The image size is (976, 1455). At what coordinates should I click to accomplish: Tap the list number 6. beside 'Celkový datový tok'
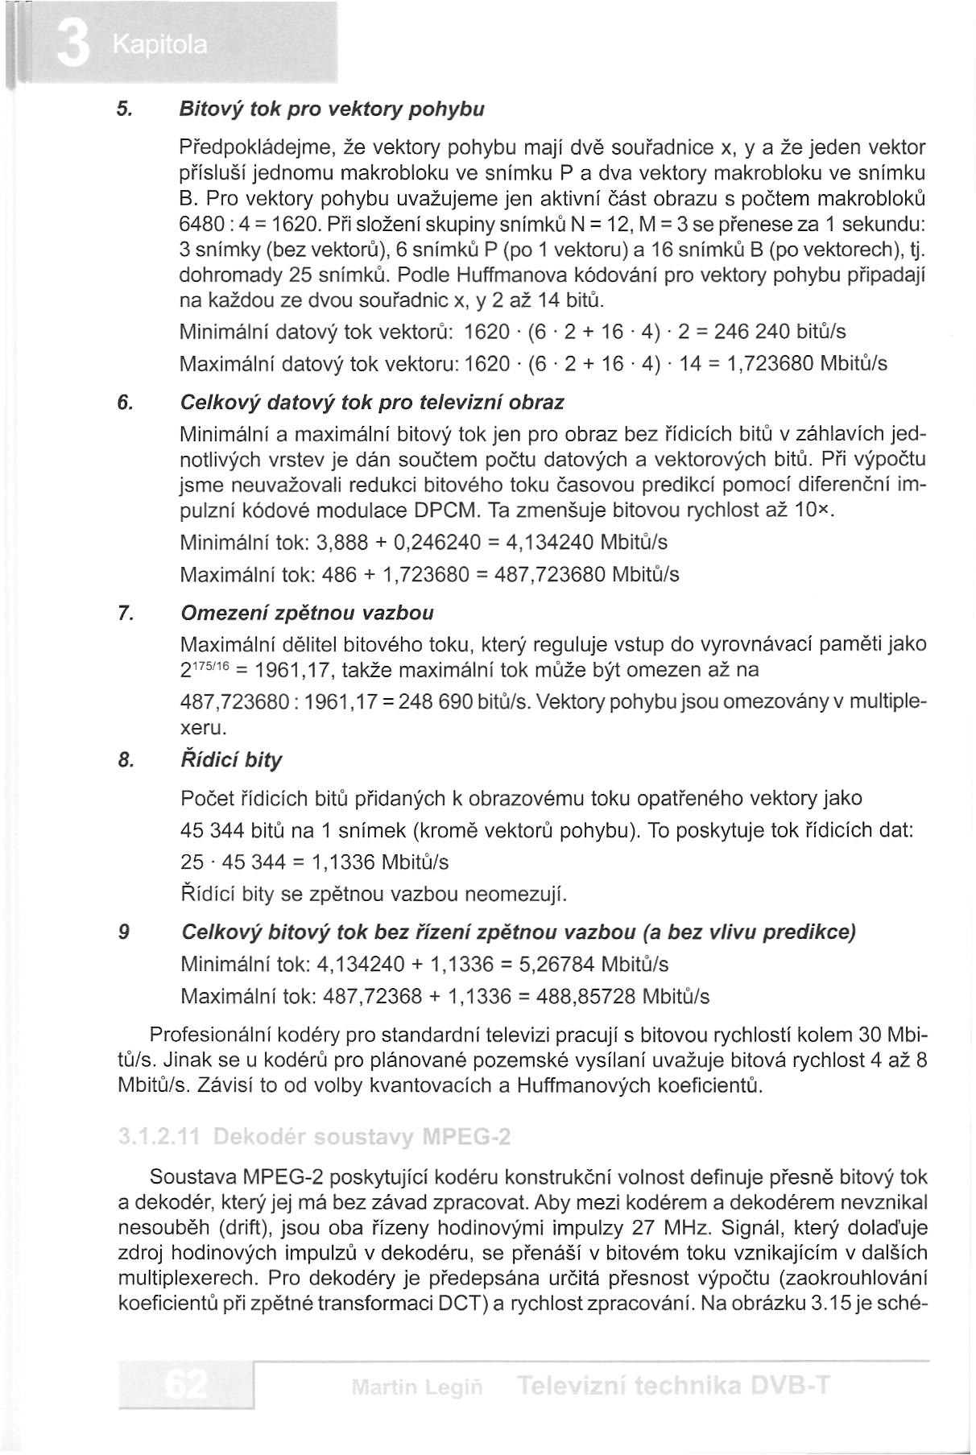tap(125, 402)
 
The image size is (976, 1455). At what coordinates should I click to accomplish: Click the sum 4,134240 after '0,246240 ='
tap(548, 542)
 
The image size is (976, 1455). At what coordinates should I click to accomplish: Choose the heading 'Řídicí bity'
tap(232, 760)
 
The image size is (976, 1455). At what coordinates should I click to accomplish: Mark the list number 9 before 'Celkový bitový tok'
tap(123, 932)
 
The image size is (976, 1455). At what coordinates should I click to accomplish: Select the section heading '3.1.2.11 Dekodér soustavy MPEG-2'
tap(314, 1138)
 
